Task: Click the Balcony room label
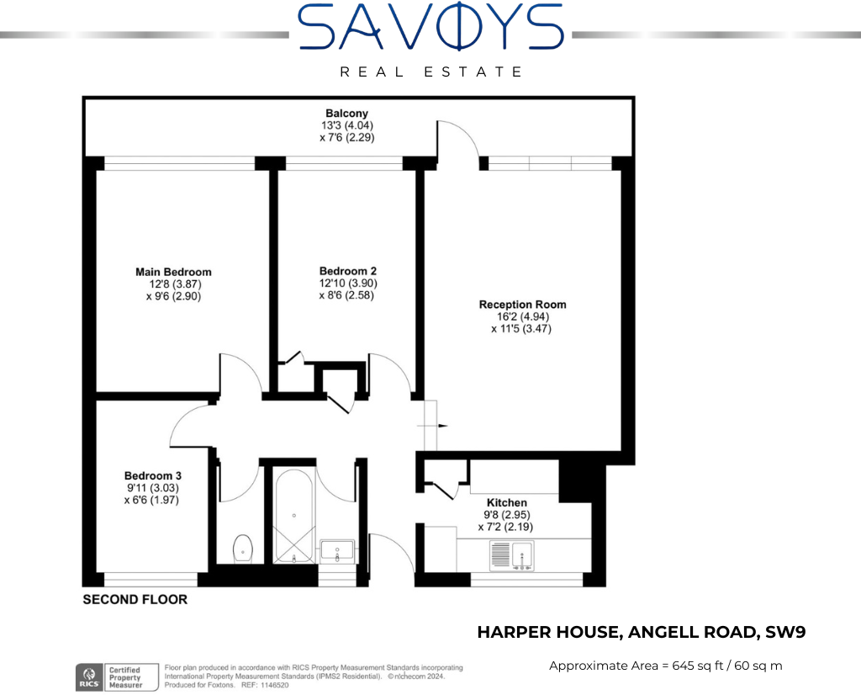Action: point(347,114)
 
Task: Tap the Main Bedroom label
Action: point(173,272)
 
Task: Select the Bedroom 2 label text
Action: point(347,271)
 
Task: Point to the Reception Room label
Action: point(522,305)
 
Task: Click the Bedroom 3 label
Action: point(152,475)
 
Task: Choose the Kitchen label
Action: point(506,502)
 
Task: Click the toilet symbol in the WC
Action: point(243,548)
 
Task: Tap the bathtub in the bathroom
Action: point(293,513)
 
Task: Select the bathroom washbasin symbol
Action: point(338,552)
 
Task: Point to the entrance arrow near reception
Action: point(442,426)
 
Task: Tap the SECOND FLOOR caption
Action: point(135,600)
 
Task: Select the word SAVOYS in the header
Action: point(430,27)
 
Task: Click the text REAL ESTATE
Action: point(430,72)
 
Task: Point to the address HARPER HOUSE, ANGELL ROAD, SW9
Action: point(642,633)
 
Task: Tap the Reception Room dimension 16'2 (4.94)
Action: point(521,316)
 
